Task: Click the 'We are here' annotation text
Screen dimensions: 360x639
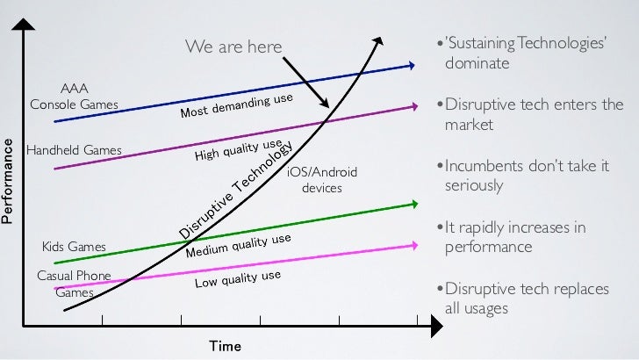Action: (233, 46)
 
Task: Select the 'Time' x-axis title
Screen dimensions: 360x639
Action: (225, 345)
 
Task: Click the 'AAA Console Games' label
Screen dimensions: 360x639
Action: (74, 97)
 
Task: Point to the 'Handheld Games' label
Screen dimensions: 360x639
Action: (74, 150)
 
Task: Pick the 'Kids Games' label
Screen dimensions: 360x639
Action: (74, 247)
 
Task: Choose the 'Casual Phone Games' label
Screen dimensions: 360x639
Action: (74, 284)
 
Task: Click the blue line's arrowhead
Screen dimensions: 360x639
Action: (411, 65)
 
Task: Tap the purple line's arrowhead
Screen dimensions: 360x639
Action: (411, 107)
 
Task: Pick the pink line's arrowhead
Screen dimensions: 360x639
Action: (411, 245)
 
